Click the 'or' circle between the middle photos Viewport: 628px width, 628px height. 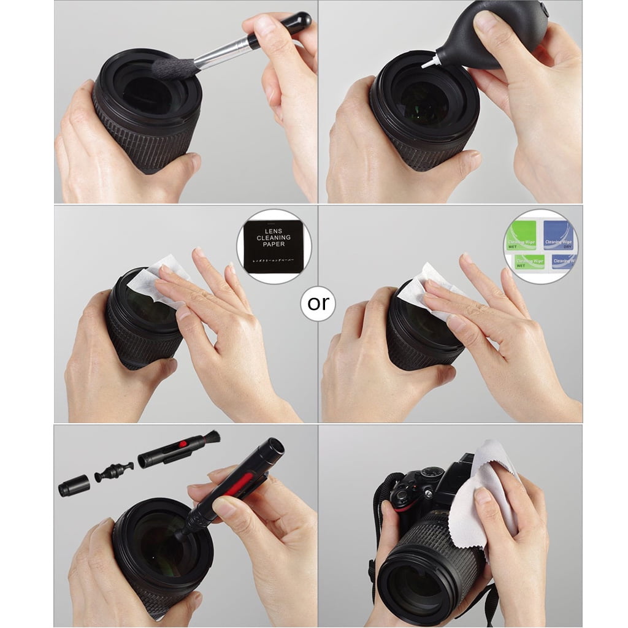tap(318, 304)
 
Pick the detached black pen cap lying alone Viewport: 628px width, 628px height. tap(74, 486)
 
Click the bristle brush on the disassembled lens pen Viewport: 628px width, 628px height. tap(210, 438)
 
